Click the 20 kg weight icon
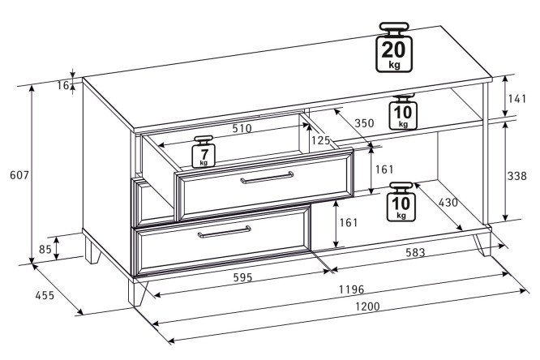(394, 47)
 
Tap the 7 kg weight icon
(204, 152)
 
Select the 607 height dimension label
(19, 175)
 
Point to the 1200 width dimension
(367, 306)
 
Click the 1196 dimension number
(351, 289)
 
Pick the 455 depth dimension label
(45, 295)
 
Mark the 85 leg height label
(45, 249)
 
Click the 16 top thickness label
(63, 85)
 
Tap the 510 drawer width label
(242, 128)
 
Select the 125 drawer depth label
(320, 140)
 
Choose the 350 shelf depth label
(364, 123)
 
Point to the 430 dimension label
(448, 203)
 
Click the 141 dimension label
(517, 99)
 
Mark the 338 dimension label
(517, 176)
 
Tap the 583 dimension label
(415, 253)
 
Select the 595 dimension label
(242, 277)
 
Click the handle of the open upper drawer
(267, 178)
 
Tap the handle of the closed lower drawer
(225, 232)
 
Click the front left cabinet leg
(137, 292)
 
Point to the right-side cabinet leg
(482, 245)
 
